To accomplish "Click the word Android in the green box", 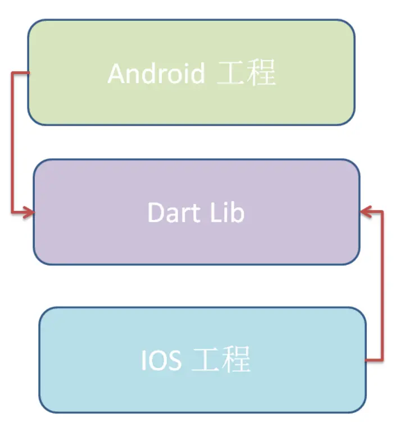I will coord(156,73).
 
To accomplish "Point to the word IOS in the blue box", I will coord(161,360).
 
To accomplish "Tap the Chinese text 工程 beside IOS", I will coord(221,360).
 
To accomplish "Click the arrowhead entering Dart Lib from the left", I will coord(29,212).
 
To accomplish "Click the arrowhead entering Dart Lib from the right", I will coord(365,212).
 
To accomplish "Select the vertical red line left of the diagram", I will coord(12,143).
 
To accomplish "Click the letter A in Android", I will coord(115,73).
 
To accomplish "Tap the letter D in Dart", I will coord(155,212).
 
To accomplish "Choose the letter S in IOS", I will coord(174,360).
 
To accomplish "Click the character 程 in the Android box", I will coord(261,73).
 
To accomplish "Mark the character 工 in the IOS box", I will coord(206,360).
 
